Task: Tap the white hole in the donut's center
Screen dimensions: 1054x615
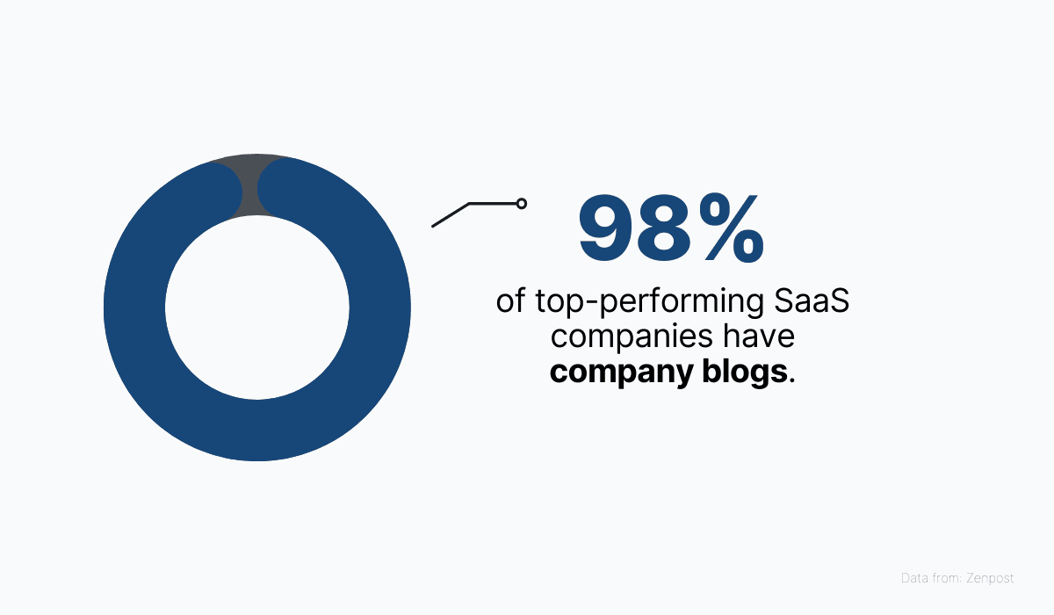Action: click(x=256, y=307)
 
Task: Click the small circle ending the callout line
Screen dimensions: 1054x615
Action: click(x=522, y=204)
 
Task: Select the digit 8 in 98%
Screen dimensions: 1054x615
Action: click(x=668, y=228)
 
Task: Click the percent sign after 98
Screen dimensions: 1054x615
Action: click(x=731, y=228)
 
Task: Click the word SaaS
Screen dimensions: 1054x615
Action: click(x=812, y=300)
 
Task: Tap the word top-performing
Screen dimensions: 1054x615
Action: click(x=650, y=302)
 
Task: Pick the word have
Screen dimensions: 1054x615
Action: click(x=759, y=336)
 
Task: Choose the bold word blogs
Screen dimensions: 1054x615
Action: click(x=745, y=373)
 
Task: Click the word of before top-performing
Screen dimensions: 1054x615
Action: click(x=510, y=300)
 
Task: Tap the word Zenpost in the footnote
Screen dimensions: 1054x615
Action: click(x=990, y=578)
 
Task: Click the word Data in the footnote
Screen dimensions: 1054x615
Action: click(x=913, y=578)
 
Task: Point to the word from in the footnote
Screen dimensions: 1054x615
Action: click(x=945, y=578)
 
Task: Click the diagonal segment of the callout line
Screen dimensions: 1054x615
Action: click(x=451, y=215)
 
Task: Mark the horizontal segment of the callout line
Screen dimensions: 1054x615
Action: click(x=493, y=204)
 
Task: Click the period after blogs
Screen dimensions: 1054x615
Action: click(x=791, y=380)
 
